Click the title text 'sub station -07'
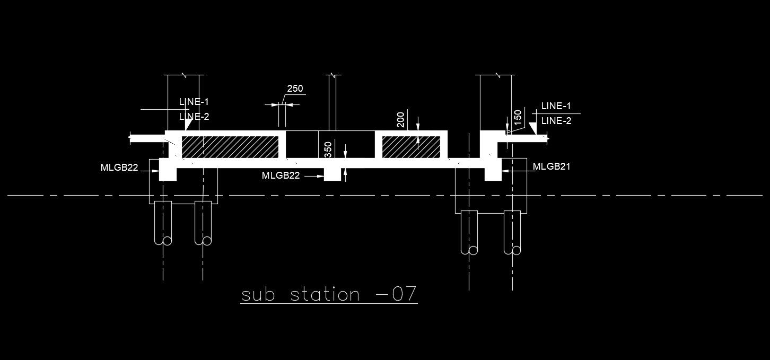pyautogui.click(x=329, y=295)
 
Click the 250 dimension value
pyautogui.click(x=295, y=89)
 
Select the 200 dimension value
pyautogui.click(x=401, y=119)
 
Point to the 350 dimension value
pyautogui.click(x=328, y=150)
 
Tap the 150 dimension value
pyautogui.click(x=518, y=117)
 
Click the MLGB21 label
pyautogui.click(x=552, y=167)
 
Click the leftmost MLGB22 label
pyautogui.click(x=119, y=168)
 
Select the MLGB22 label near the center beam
pyautogui.click(x=281, y=175)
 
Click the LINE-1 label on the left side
pyautogui.click(x=194, y=102)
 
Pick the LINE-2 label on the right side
pyautogui.click(x=556, y=121)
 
